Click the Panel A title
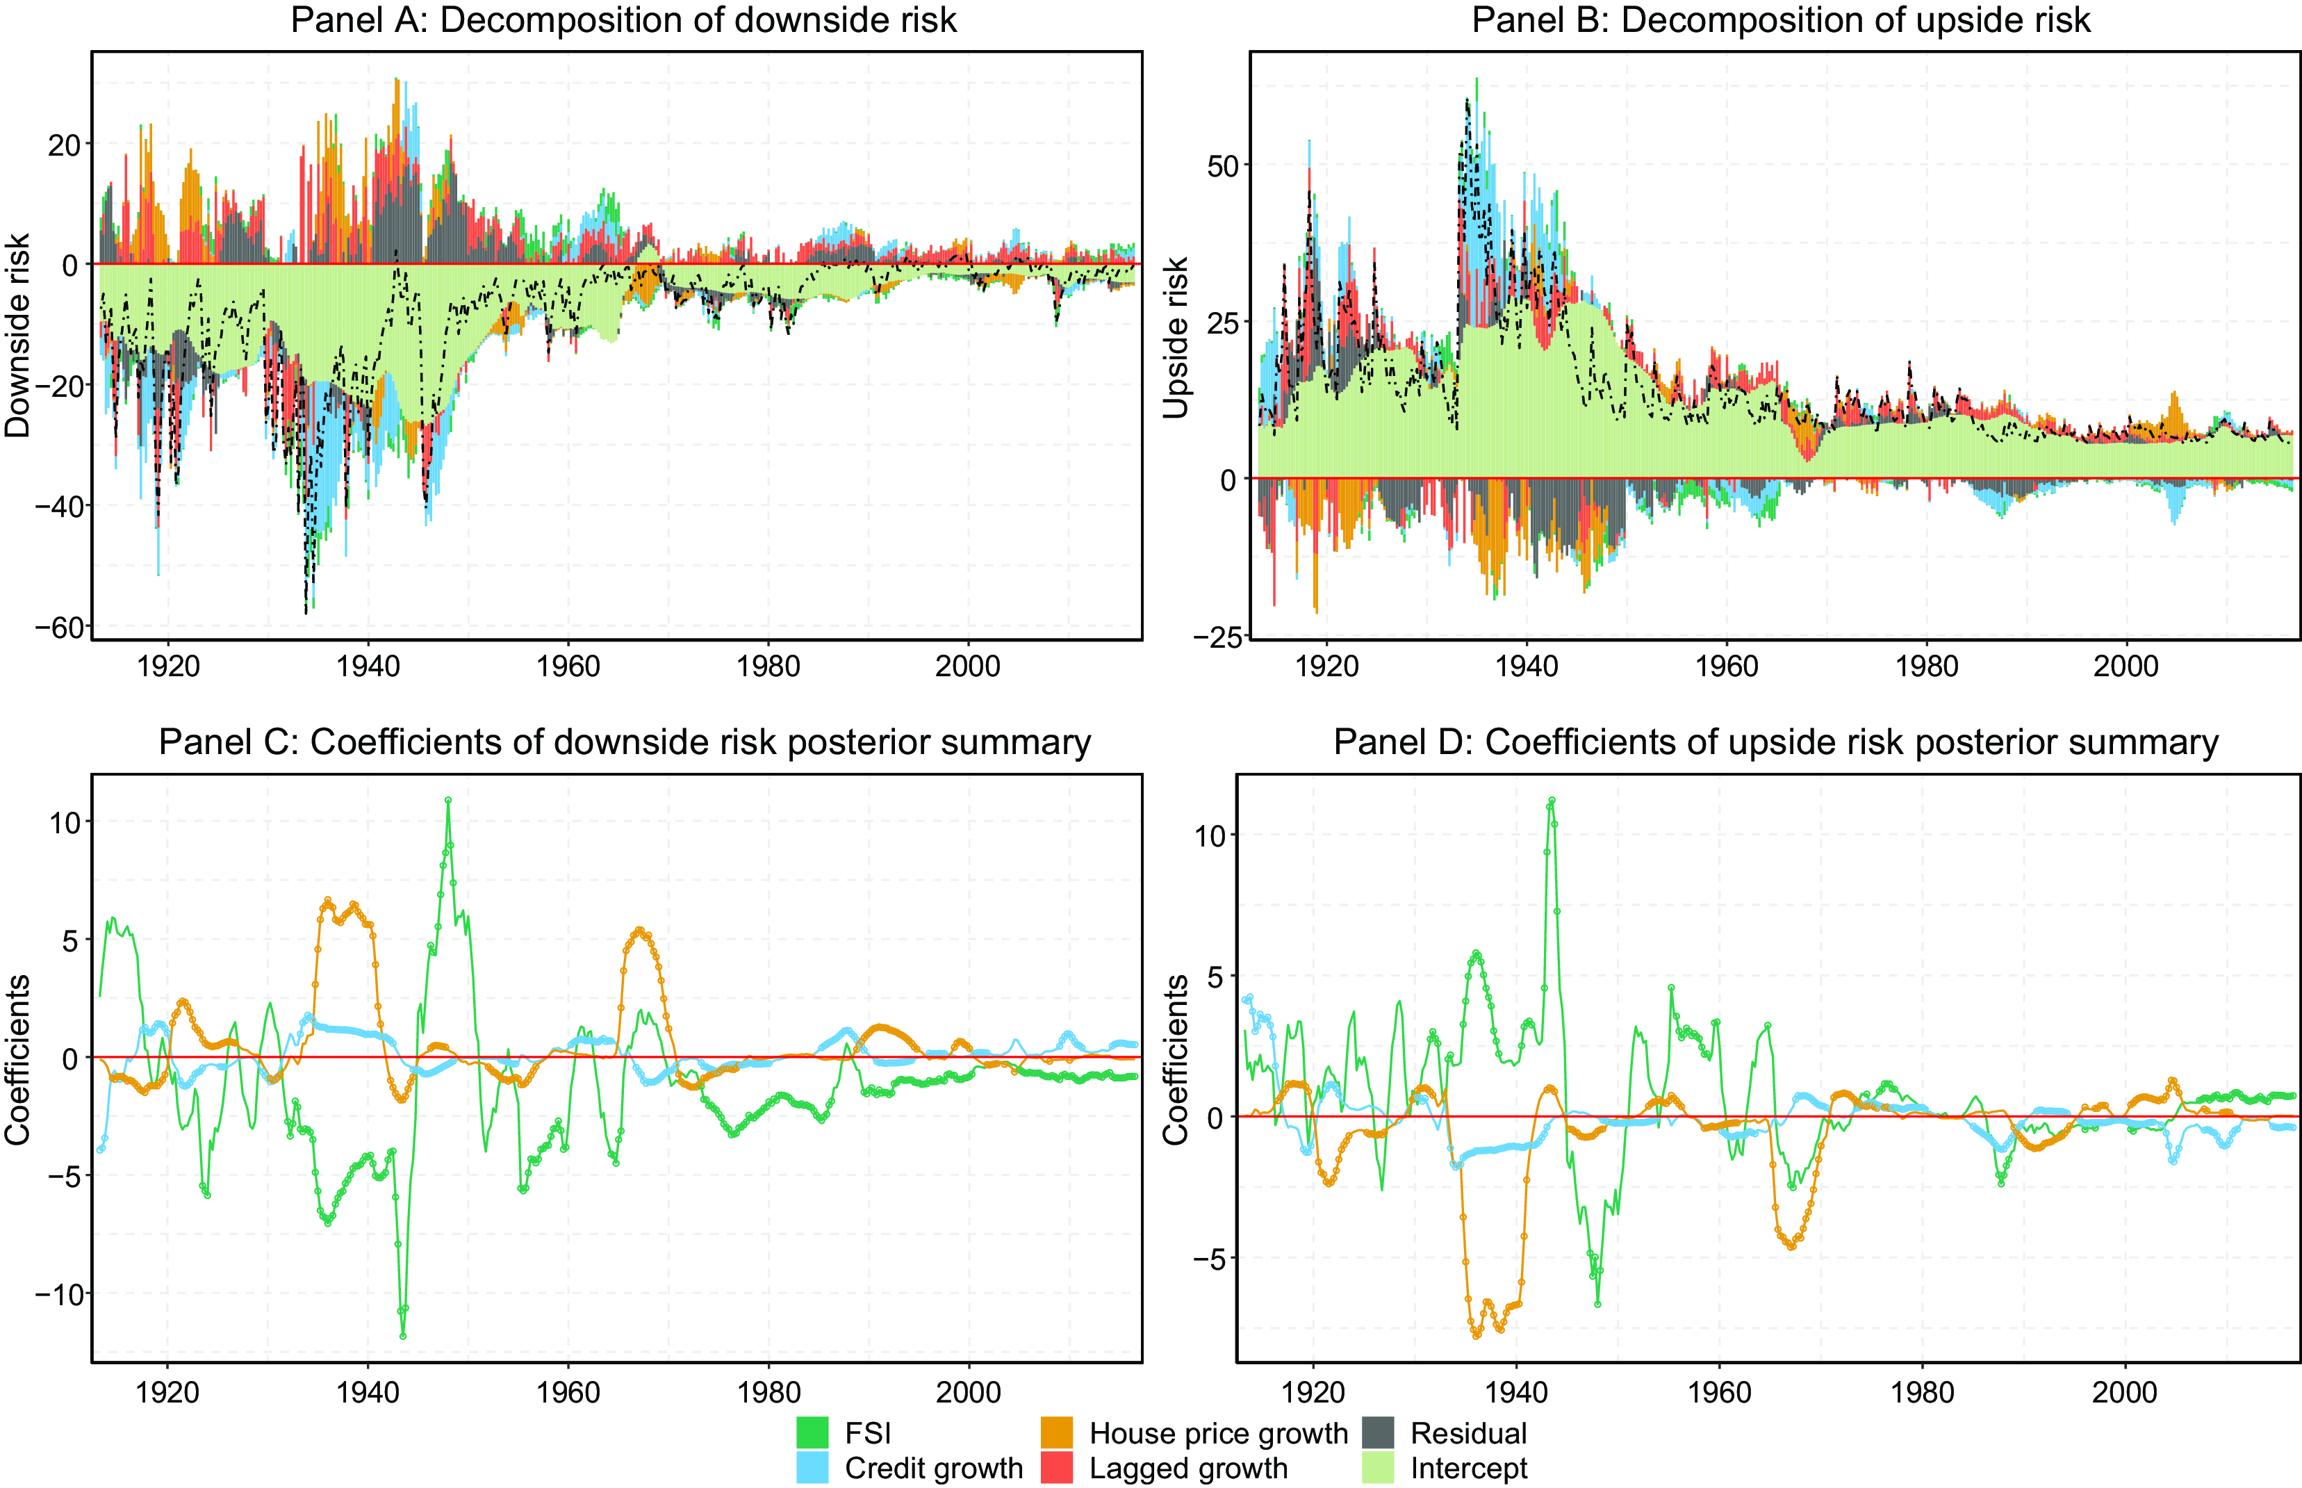pos(623,20)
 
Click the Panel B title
pos(1780,20)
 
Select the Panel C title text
pos(624,742)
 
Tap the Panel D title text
pos(1775,742)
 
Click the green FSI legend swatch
pos(812,1432)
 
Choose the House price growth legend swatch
pos(1057,1432)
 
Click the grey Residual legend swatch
pos(1379,1432)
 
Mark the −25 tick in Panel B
pos(1213,638)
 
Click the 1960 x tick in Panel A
pos(568,667)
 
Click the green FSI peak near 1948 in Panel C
pos(448,800)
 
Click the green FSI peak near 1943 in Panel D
pos(1552,800)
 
